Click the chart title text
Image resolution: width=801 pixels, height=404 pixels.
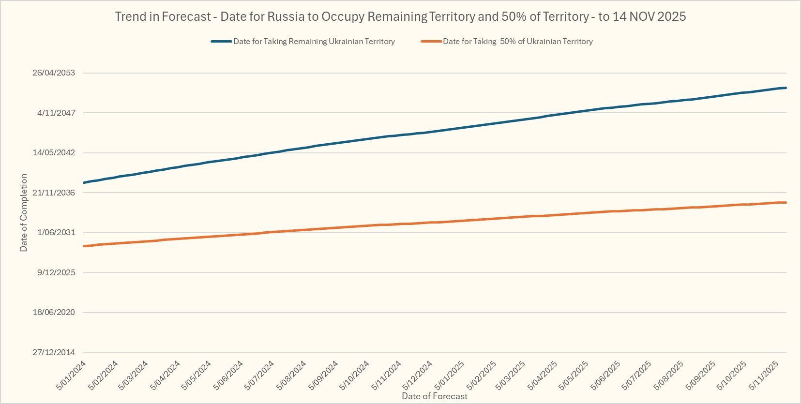pos(400,16)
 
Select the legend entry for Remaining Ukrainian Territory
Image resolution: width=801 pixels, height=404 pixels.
pos(314,42)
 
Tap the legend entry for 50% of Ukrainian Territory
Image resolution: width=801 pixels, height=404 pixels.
pos(517,42)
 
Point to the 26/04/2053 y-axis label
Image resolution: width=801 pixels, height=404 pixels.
pos(54,73)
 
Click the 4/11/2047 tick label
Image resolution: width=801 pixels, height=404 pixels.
pos(56,113)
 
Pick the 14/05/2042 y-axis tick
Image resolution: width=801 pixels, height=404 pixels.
pos(54,153)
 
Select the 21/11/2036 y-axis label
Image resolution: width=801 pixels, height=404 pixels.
pos(54,193)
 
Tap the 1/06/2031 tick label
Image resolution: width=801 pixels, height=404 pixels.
pos(56,233)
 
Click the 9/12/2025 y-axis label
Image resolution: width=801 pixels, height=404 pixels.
pos(56,272)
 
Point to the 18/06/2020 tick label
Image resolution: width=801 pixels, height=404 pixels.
pos(54,313)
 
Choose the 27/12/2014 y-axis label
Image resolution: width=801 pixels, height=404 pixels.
pos(54,352)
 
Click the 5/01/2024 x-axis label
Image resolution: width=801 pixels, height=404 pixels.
pos(72,375)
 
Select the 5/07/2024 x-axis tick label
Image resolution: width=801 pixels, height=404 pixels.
pos(259,375)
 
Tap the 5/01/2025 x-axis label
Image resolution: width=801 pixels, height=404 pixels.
pos(450,375)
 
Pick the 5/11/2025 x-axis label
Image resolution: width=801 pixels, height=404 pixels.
pos(764,375)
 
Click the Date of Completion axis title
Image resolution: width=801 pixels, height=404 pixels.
pos(24,213)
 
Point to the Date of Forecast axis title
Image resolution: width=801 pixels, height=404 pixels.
pos(435,396)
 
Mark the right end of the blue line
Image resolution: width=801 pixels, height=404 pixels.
pos(786,88)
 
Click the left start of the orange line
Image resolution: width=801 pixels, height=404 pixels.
pos(84,246)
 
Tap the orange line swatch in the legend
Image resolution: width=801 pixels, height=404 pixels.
pos(431,42)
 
